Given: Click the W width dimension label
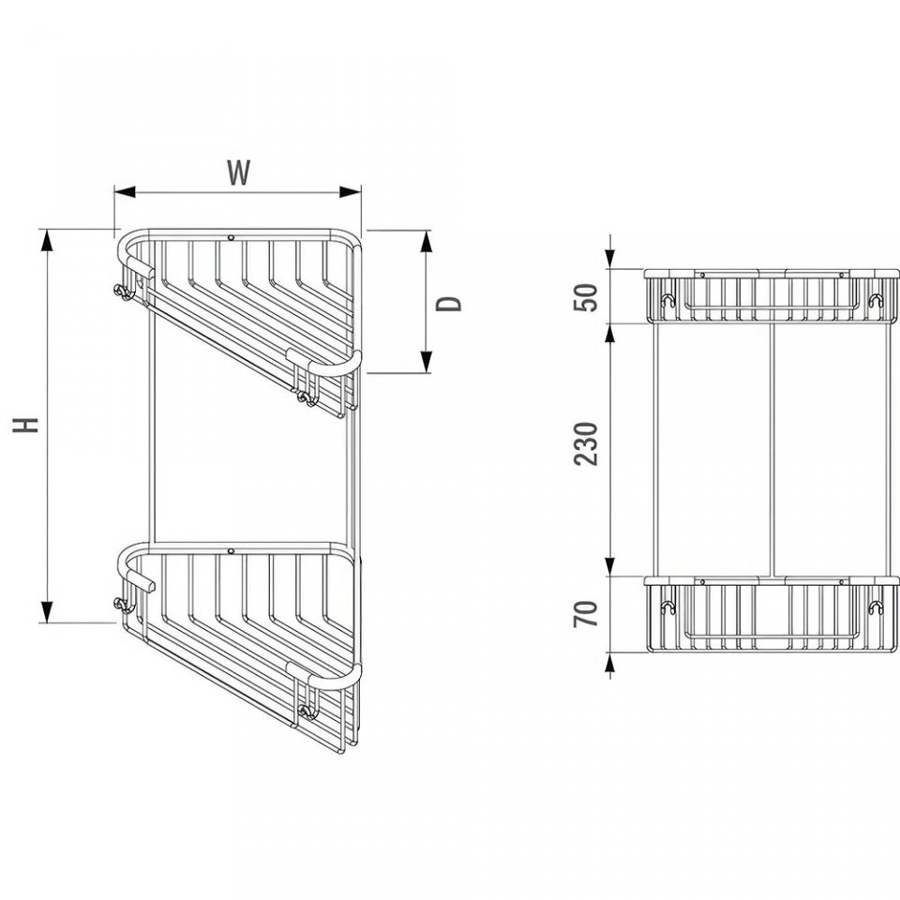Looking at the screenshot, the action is pyautogui.click(x=238, y=172).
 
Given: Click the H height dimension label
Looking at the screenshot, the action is pyautogui.click(x=26, y=425).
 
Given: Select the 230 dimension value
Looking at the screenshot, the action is pyautogui.click(x=585, y=443).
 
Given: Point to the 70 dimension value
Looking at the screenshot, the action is pyautogui.click(x=585, y=613).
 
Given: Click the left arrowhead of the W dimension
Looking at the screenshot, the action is pyautogui.click(x=125, y=192).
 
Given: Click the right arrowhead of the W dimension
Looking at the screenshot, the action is pyautogui.click(x=350, y=191).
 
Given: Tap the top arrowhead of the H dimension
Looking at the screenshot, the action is pyautogui.click(x=47, y=240).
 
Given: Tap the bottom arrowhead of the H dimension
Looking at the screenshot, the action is pyautogui.click(x=47, y=611).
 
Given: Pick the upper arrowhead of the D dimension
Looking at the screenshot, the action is pyautogui.click(x=426, y=241).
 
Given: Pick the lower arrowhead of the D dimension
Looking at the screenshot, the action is pyautogui.click(x=426, y=362).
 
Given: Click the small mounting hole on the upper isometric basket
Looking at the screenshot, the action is pyautogui.click(x=231, y=237).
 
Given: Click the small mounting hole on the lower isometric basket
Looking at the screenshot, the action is pyautogui.click(x=231, y=551).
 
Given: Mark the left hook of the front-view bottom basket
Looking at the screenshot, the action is pyautogui.click(x=667, y=607).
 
